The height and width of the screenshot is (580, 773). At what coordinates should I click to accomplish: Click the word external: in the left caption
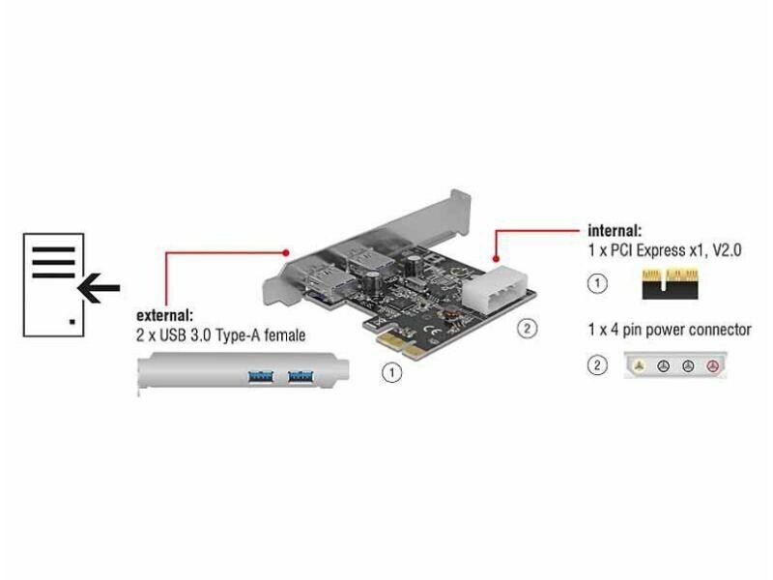(164, 315)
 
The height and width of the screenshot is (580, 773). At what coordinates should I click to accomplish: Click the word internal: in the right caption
(615, 231)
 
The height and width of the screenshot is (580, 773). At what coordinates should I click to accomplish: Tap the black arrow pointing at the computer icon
(99, 287)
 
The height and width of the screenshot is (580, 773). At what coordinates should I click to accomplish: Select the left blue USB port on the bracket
(260, 377)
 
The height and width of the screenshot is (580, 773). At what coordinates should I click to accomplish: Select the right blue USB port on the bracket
(301, 377)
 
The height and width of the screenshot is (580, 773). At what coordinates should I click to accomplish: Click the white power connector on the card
(494, 287)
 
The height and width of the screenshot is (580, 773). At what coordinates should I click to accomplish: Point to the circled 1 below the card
(392, 372)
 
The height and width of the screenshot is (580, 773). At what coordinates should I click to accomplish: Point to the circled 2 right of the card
(527, 329)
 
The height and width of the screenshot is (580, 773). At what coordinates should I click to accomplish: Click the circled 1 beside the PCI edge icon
(597, 283)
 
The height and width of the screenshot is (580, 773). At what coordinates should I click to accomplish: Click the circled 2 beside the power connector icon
(597, 365)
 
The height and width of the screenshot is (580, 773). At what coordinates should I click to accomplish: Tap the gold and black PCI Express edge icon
(670, 283)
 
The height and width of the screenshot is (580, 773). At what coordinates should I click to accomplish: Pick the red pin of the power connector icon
(713, 366)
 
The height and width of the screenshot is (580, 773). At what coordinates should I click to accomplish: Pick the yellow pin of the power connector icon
(640, 366)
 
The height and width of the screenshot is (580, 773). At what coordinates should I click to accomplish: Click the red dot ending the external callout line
(286, 253)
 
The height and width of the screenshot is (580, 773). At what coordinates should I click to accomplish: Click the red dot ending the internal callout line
(496, 258)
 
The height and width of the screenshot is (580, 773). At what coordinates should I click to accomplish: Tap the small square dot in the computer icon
(72, 322)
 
